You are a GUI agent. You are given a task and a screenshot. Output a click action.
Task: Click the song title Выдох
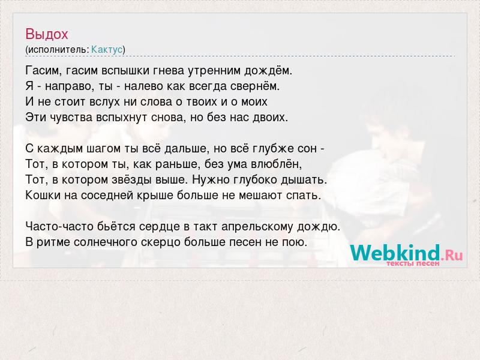point(47,34)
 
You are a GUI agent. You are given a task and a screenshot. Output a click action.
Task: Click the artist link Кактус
point(107,50)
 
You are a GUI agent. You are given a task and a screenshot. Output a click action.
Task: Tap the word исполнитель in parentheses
point(58,50)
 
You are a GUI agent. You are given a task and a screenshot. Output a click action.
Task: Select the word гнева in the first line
point(168,71)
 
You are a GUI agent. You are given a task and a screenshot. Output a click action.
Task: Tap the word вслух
point(104,102)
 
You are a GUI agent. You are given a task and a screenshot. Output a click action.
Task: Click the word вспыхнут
point(122,118)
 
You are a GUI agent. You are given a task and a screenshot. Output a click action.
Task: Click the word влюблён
point(276,164)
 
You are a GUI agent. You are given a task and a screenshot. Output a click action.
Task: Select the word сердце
point(159,227)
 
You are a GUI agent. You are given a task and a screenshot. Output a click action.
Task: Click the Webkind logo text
point(395,253)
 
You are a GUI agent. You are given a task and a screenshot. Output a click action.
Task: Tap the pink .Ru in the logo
point(452,255)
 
